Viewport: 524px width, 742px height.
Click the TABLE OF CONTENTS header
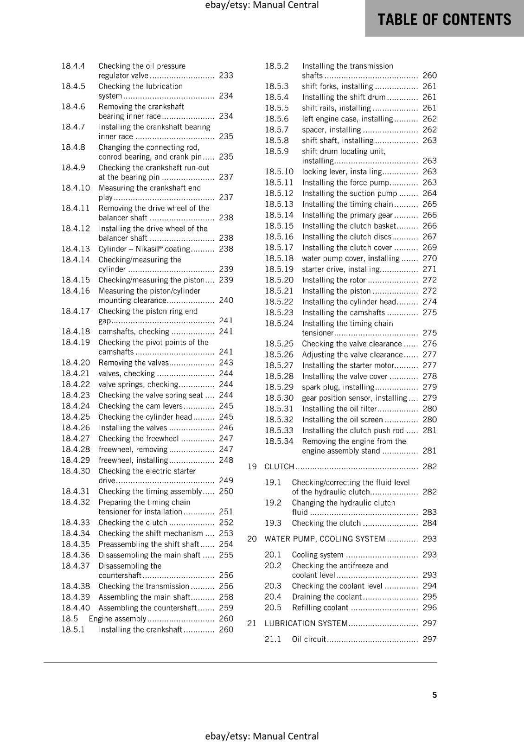[x=444, y=19]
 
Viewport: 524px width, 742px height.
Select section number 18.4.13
[x=76, y=249]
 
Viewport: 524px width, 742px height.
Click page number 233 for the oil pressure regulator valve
[x=226, y=76]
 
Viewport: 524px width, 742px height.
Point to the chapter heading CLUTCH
[x=279, y=467]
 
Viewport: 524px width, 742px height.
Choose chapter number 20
[x=252, y=539]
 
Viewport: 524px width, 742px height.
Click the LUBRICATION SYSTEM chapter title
[x=306, y=623]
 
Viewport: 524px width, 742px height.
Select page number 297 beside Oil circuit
[x=429, y=639]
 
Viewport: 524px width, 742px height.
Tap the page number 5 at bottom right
[x=435, y=695]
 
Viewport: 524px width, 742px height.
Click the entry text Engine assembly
[x=117, y=619]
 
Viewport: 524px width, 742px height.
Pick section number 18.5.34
[x=279, y=441]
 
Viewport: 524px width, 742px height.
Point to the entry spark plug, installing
[x=338, y=387]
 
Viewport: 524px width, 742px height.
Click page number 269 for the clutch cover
[x=429, y=248]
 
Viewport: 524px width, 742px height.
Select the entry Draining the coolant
[x=326, y=597]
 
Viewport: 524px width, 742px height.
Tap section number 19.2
[x=273, y=503]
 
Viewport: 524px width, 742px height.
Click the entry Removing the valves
[x=134, y=363]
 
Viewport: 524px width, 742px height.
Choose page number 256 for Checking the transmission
[x=226, y=586]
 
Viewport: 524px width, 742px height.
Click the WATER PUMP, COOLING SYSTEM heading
[x=325, y=539]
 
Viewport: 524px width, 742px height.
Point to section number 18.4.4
[x=73, y=66]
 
